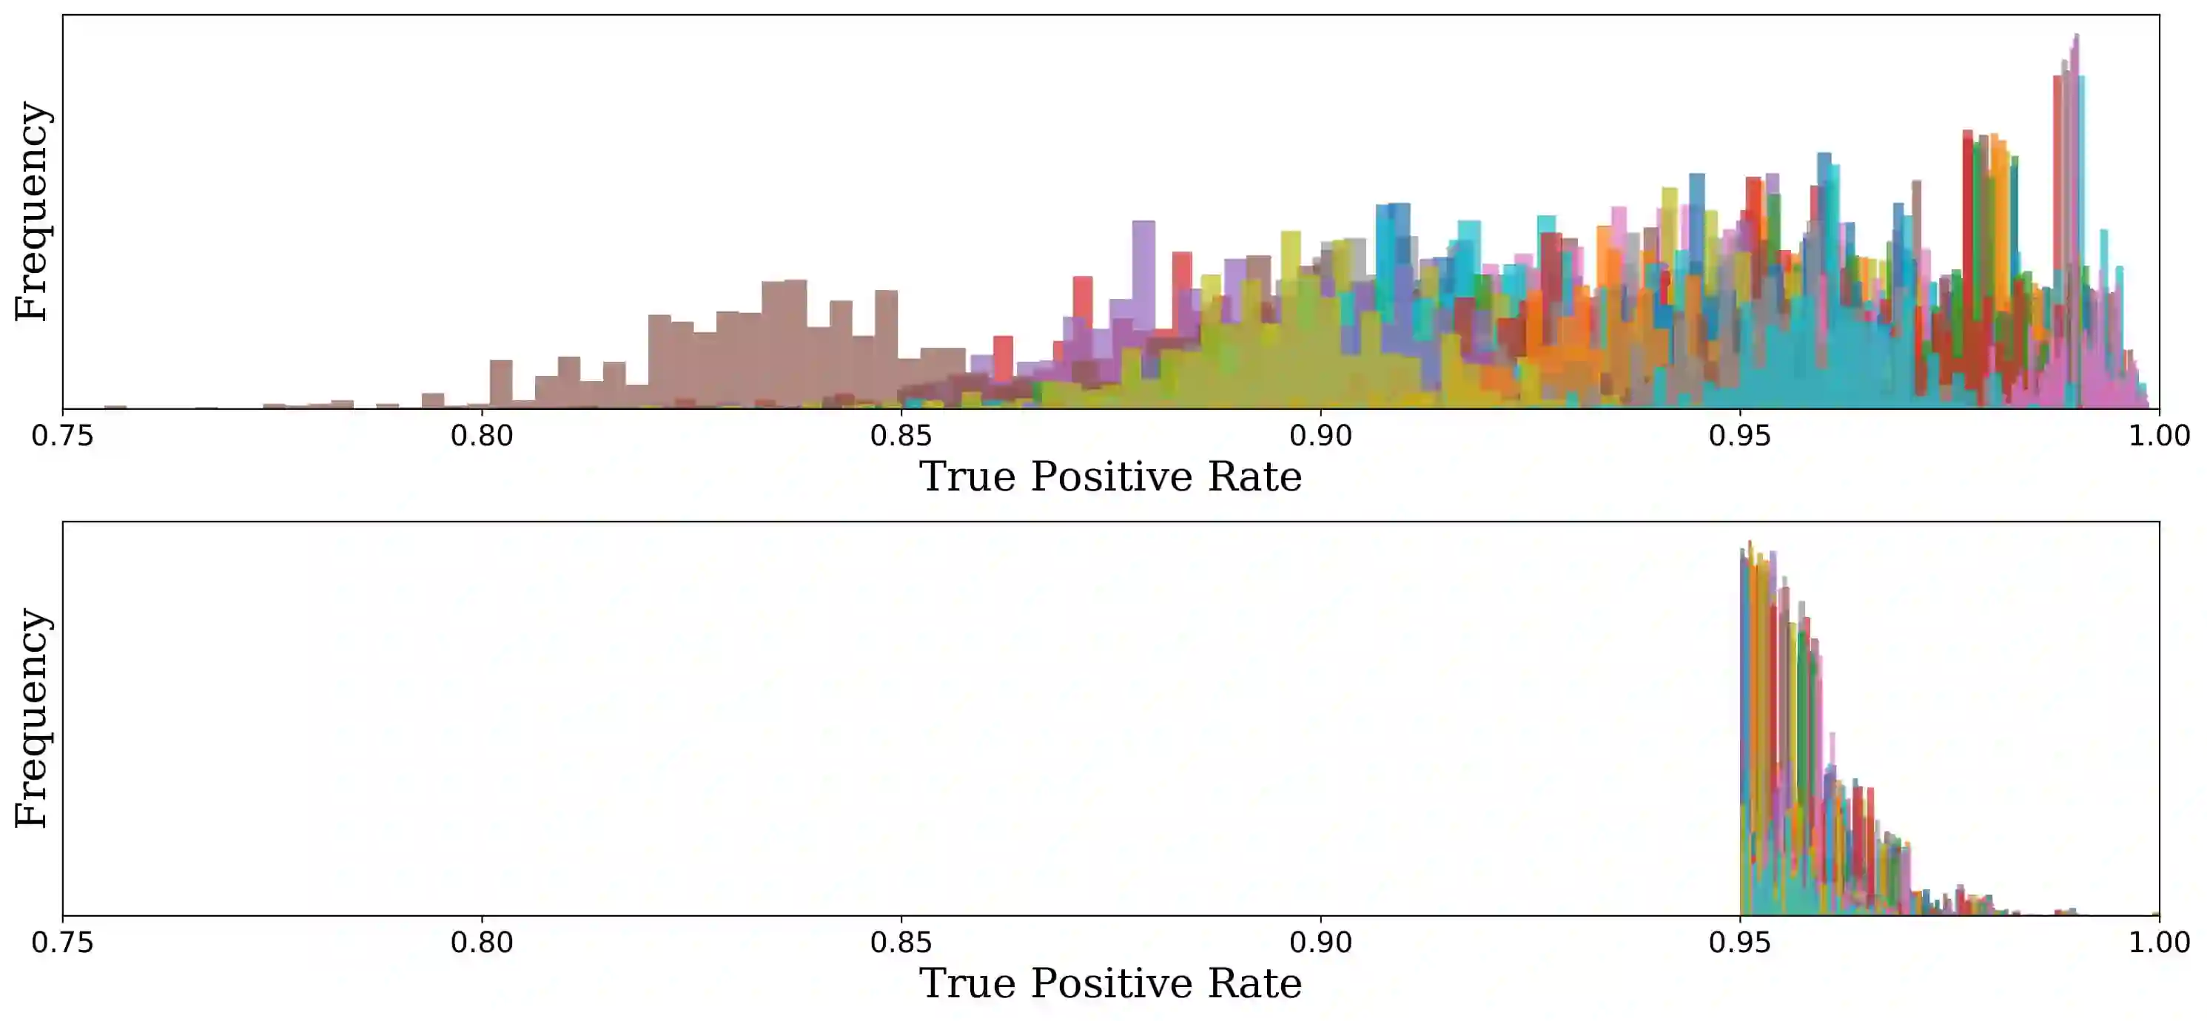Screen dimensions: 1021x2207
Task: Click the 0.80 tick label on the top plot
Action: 482,436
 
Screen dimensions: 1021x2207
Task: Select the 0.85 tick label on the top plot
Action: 901,436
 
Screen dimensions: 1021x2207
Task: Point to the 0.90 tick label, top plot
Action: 1320,436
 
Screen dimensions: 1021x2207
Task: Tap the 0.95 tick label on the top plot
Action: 1739,436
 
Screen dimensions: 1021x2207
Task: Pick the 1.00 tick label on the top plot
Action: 2159,436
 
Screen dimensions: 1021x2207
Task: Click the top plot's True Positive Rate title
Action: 1110,477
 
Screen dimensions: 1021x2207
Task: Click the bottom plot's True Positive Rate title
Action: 1110,983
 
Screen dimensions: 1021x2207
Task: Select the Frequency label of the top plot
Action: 33,212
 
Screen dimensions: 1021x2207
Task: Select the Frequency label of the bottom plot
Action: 33,718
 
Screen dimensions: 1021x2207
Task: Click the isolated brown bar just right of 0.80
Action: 501,384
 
